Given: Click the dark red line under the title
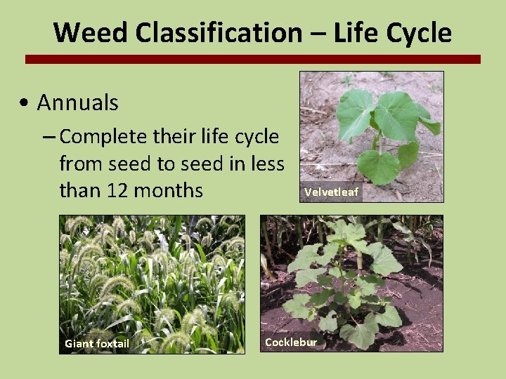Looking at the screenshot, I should (x=253, y=60).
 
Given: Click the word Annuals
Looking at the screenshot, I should (x=77, y=103).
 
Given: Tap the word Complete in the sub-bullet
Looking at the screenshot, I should (x=105, y=138).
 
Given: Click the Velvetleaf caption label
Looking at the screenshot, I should (x=331, y=192).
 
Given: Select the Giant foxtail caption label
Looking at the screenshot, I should (x=97, y=343).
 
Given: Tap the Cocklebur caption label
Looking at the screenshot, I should (x=291, y=343).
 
